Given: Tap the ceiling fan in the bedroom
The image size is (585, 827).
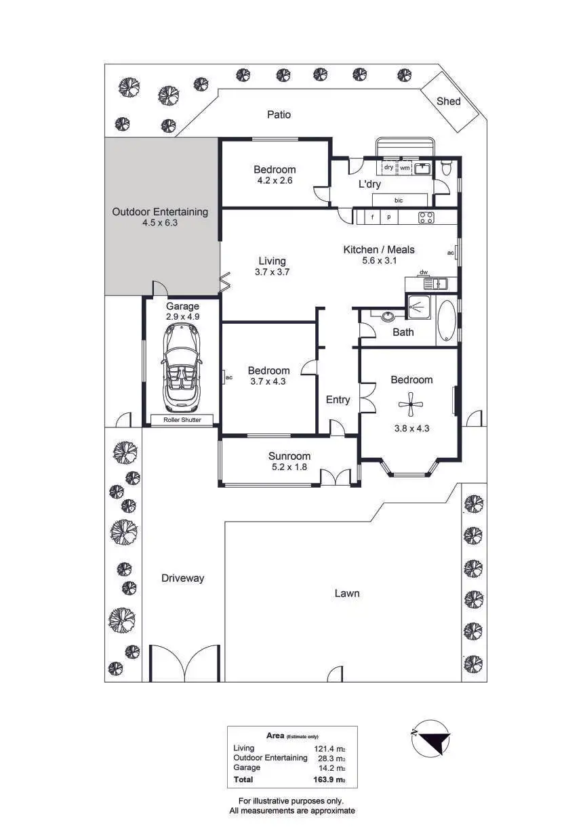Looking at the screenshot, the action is pyautogui.click(x=410, y=406).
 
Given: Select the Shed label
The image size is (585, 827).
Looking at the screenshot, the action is pyautogui.click(x=448, y=102).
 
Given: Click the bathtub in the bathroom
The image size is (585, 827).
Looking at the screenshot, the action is pyautogui.click(x=448, y=321).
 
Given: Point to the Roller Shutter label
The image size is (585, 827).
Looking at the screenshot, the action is pyautogui.click(x=182, y=420).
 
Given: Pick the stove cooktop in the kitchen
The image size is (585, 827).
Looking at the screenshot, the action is pyautogui.click(x=427, y=217).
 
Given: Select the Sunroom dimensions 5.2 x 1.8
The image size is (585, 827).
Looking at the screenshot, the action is pyautogui.click(x=289, y=467).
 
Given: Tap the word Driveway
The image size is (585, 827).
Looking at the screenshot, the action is pyautogui.click(x=182, y=578).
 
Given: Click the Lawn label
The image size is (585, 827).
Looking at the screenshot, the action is pyautogui.click(x=347, y=593).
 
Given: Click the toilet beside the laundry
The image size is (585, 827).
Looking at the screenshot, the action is pyautogui.click(x=445, y=169).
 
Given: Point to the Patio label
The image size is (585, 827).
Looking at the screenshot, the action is pyautogui.click(x=279, y=114).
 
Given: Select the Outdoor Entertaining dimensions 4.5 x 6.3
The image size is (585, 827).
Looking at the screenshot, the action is pyautogui.click(x=160, y=222).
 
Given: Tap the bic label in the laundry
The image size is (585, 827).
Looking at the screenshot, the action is pyautogui.click(x=399, y=200).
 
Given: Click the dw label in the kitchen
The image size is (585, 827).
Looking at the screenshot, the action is pyautogui.click(x=424, y=272).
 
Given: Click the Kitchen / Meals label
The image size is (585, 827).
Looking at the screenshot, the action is pyautogui.click(x=379, y=250).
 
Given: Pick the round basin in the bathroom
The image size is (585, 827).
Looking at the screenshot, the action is pyautogui.click(x=388, y=316).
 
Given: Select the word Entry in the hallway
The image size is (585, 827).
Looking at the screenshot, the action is pyautogui.click(x=338, y=400).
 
